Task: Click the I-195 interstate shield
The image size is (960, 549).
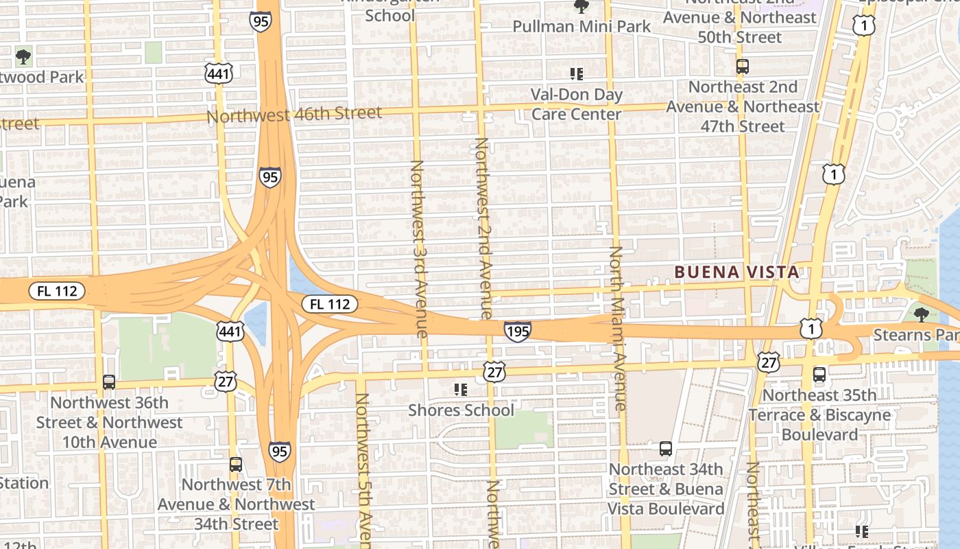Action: pyautogui.click(x=517, y=332)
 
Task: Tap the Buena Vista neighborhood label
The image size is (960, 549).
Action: pyautogui.click(x=736, y=272)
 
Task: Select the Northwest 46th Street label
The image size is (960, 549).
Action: pyautogui.click(x=294, y=115)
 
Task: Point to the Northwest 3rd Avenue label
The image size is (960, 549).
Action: pyautogui.click(x=419, y=248)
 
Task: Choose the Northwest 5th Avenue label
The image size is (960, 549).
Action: pyautogui.click(x=363, y=471)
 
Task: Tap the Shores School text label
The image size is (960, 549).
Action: pyautogui.click(x=461, y=410)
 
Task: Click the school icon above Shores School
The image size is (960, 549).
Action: pyautogui.click(x=461, y=390)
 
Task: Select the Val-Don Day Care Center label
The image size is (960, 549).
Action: pyautogui.click(x=577, y=104)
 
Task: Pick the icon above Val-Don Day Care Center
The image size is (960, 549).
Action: pyautogui.click(x=577, y=73)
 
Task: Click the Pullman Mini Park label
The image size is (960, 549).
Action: pyautogui.click(x=581, y=27)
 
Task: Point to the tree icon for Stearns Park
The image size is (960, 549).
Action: pyautogui.click(x=922, y=315)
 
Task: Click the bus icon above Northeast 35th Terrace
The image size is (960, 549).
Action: pyautogui.click(x=819, y=375)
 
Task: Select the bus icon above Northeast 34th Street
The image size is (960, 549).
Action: pyautogui.click(x=665, y=449)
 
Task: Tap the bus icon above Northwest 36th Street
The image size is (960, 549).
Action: pyautogui.click(x=109, y=382)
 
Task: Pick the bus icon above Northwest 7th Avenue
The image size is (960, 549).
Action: pyautogui.click(x=236, y=465)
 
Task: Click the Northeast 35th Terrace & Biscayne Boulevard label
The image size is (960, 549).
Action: pyautogui.click(x=819, y=415)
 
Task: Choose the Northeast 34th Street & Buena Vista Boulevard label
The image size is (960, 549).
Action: pyautogui.click(x=666, y=489)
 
